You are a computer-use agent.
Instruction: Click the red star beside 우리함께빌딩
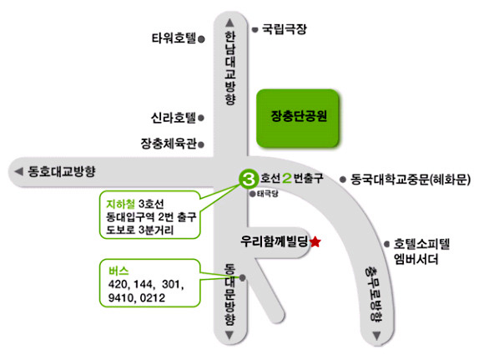click(315, 241)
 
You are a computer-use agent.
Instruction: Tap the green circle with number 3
click(248, 179)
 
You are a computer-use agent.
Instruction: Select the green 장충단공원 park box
click(298, 118)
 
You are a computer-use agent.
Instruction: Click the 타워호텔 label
click(174, 38)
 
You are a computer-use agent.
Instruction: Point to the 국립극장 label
click(285, 29)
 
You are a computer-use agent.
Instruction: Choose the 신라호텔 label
click(174, 118)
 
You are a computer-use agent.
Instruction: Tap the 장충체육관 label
click(169, 144)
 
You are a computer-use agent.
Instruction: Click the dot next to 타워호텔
click(201, 39)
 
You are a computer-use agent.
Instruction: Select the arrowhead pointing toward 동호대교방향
click(19, 171)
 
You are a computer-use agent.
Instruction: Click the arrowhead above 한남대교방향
click(229, 23)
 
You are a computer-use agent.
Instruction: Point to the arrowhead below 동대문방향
click(229, 335)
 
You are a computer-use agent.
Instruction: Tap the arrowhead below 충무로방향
click(376, 336)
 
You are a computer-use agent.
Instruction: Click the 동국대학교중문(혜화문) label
click(411, 180)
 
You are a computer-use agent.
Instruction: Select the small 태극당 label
click(268, 194)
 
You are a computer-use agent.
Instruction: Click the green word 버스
click(118, 271)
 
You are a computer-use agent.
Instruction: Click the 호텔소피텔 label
click(421, 244)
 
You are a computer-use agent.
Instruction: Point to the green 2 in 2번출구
click(287, 178)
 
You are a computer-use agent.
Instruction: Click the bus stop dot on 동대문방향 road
click(243, 278)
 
